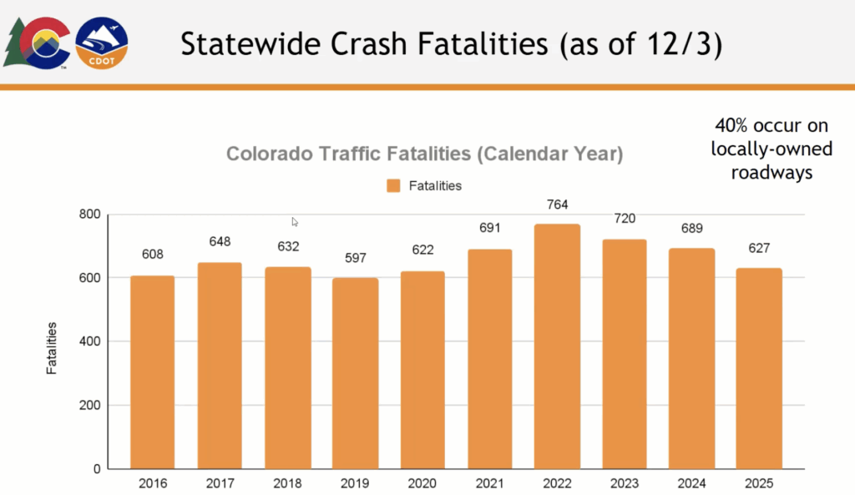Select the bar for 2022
point(556,346)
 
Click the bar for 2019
point(355,373)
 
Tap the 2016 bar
point(152,372)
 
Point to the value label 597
point(355,259)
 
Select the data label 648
point(220,242)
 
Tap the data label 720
point(624,219)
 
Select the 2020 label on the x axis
point(422,482)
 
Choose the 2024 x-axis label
point(691,482)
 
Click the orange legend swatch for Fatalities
point(393,185)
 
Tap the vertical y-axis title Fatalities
point(52,346)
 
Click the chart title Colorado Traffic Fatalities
point(425,154)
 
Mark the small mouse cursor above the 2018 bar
point(295,221)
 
